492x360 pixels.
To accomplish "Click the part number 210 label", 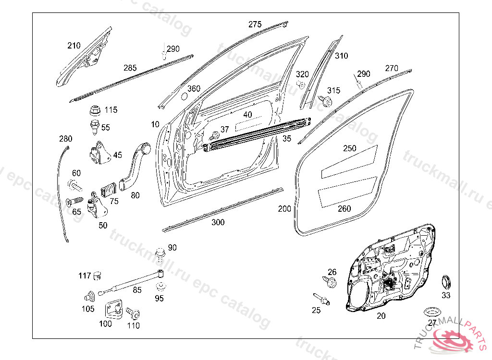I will coord(74,46).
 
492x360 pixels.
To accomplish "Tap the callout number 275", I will coord(255,24).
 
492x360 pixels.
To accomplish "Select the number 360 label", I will coord(194,88).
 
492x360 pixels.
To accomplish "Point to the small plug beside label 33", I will coord(446,281).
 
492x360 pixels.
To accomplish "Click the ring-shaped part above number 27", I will coord(432,310).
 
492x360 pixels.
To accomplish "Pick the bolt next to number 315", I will coord(325,101).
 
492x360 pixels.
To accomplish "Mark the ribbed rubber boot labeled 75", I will coord(109,188).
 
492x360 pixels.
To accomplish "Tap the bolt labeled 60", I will coord(75,185).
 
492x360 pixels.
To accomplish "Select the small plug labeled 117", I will coord(98,275).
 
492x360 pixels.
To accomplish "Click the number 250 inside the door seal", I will coord(350,148).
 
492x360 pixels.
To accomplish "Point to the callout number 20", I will coord(381,316).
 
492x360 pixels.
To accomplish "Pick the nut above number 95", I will coord(159,288).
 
